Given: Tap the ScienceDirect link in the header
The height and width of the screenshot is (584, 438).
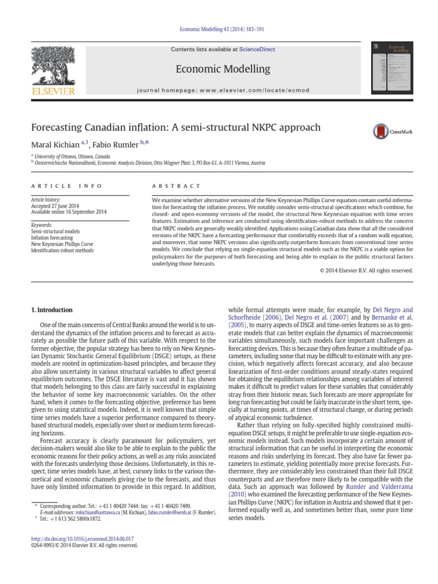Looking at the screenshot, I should pos(257,50).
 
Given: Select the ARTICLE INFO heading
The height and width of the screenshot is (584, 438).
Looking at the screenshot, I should pos(67,186).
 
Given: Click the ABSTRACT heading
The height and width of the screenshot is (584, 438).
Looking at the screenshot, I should pos(176,186).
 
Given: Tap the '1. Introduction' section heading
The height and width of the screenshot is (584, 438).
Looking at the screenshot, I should pos(51,310).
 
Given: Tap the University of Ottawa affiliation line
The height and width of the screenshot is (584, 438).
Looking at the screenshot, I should pos(72,156).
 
